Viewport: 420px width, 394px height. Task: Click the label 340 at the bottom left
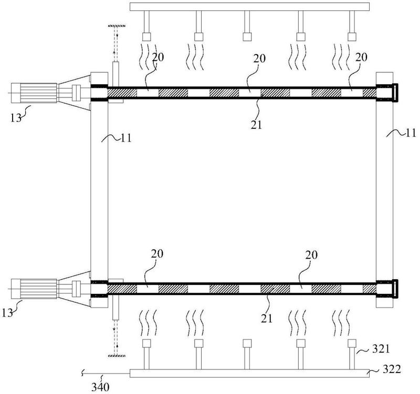100,387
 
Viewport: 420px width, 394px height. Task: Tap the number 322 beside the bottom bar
392,369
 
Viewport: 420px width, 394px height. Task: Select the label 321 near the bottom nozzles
381,349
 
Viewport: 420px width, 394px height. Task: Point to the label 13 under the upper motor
16,117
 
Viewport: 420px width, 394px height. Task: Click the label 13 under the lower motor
7,313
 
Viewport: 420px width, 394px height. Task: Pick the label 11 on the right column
411,133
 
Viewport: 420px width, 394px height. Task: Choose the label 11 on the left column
126,138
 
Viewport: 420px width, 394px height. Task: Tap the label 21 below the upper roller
256,125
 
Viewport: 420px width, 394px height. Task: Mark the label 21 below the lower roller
266,319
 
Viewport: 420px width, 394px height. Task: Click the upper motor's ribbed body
38,93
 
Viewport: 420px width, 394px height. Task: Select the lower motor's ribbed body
38,289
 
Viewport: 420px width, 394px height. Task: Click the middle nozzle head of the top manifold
247,37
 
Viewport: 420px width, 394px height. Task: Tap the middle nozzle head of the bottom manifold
247,344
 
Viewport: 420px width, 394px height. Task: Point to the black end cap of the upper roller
396,93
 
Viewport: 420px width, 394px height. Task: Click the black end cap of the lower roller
396,289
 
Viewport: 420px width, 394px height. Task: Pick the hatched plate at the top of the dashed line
117,26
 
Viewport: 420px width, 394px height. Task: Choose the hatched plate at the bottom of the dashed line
117,356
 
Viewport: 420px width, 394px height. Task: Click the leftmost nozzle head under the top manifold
146,37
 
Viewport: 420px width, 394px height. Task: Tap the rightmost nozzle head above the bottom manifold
352,344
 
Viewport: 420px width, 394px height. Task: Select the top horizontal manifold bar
250,7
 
